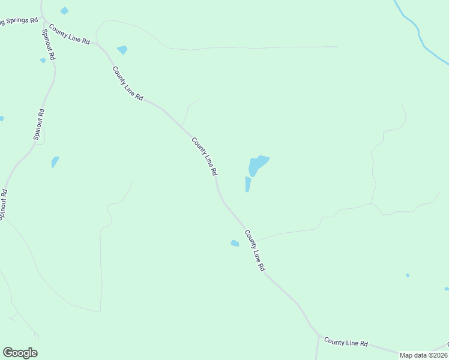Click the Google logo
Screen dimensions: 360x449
[x=20, y=353]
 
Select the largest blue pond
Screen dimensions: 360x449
[x=258, y=164]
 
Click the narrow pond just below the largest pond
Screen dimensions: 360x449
[x=247, y=184]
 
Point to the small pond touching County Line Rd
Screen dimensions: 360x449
[x=235, y=243]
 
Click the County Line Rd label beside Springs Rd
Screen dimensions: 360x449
[x=69, y=34]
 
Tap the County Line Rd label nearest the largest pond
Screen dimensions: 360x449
[x=204, y=156]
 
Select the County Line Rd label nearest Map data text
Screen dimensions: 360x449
[x=346, y=342]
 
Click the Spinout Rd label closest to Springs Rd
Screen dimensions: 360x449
[x=48, y=44]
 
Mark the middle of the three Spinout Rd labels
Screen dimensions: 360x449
[x=39, y=124]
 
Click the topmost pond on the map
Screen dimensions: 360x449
[x=64, y=11]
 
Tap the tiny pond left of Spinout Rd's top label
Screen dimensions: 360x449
[x=43, y=60]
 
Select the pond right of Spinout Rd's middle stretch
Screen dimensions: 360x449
[x=55, y=162]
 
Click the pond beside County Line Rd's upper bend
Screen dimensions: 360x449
[x=122, y=50]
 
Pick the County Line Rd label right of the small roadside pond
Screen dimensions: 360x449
[x=255, y=250]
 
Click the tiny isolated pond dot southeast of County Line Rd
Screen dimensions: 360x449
[x=408, y=275]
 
